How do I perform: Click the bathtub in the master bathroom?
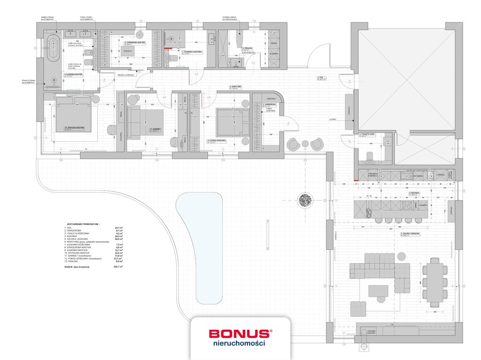point(54,48)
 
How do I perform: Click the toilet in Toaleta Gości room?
point(369,155)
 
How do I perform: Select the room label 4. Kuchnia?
point(414,193)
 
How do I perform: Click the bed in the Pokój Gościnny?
point(233,121)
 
